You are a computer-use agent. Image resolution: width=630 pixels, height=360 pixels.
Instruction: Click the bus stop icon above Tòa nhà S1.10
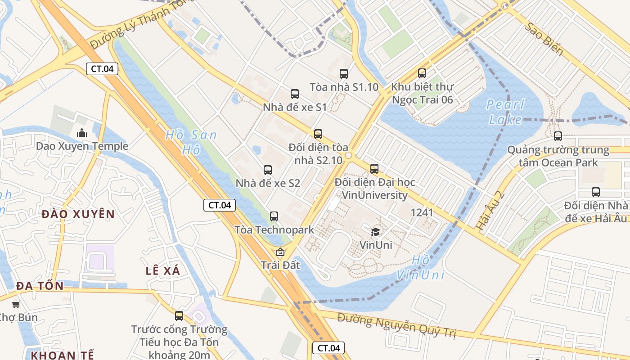pos(344,74)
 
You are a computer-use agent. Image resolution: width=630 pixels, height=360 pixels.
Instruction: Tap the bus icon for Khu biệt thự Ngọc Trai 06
pos(422,73)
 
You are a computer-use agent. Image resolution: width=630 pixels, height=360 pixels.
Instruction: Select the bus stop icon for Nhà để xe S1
pos(295,94)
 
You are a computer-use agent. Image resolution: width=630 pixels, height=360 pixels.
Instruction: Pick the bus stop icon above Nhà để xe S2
pos(268,170)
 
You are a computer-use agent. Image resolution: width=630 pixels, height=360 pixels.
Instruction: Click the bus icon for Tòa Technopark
pos(274,216)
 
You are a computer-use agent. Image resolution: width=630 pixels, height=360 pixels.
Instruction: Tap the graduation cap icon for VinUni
pos(375,232)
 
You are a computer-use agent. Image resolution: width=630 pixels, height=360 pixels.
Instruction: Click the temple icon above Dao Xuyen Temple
pos(82,133)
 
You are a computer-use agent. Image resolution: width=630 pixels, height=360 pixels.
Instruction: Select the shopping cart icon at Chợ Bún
pos(16,304)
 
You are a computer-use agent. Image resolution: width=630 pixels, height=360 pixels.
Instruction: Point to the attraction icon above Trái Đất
pos(280,252)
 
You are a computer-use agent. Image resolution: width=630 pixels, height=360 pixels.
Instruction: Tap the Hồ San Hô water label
pos(191,142)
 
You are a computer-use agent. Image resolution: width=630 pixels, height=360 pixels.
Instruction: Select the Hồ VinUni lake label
pos(421,267)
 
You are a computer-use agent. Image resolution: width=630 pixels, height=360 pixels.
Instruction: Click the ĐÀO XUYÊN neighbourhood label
pos(78,214)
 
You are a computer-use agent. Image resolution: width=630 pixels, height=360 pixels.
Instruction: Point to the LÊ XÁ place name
pos(163,271)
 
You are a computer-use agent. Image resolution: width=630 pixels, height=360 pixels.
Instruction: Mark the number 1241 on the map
pos(422,212)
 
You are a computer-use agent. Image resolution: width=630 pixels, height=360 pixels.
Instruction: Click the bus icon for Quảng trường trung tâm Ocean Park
pos(558,136)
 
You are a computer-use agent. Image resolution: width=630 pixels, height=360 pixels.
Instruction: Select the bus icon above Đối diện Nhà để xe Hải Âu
pos(596,192)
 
